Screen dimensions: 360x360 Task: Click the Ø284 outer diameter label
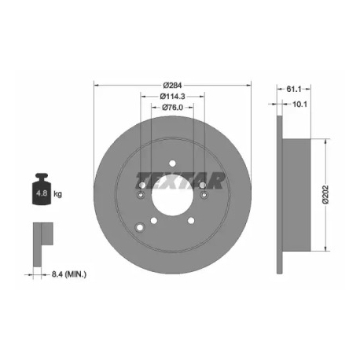point(172,86)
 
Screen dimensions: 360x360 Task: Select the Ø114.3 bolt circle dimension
point(172,97)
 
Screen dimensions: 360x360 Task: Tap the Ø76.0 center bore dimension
point(172,108)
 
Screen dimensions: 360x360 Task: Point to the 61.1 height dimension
point(293,89)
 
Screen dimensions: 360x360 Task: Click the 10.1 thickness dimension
point(299,105)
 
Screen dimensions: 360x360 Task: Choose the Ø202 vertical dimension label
point(325,194)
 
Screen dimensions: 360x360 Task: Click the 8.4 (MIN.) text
point(69,274)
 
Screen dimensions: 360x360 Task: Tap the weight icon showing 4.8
point(42,189)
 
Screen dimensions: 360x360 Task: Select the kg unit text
point(57,194)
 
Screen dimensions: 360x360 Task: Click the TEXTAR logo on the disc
point(180,180)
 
